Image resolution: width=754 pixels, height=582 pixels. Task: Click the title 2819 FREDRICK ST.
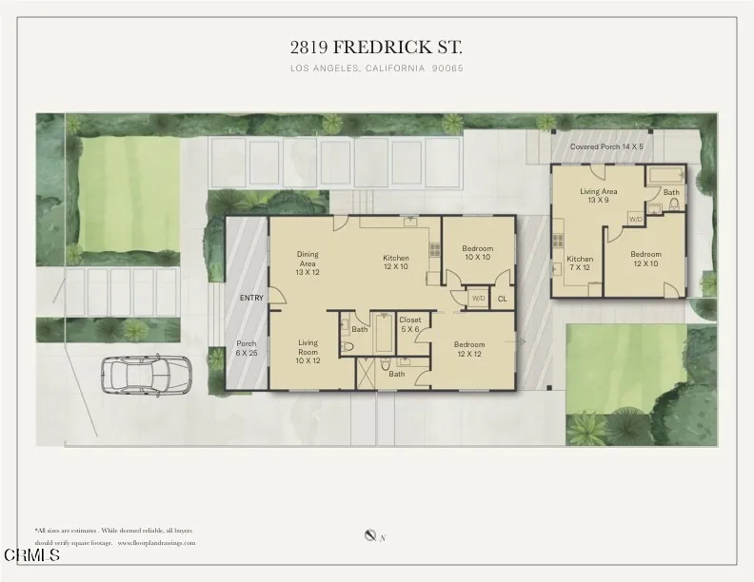click(376, 47)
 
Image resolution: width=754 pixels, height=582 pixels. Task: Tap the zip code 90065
click(446, 68)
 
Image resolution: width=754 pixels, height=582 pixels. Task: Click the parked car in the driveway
click(147, 374)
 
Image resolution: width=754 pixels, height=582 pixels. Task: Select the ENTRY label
click(251, 299)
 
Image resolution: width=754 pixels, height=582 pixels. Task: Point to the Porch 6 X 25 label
click(247, 348)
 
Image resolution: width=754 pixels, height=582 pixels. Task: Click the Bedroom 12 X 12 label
click(470, 349)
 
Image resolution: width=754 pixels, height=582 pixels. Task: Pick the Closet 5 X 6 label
click(409, 325)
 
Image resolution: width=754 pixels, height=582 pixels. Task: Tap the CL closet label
click(502, 299)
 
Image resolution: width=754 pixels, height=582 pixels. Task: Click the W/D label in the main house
click(478, 299)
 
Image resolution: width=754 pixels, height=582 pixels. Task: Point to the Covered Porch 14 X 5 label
click(606, 147)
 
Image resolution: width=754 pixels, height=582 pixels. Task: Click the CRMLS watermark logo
click(32, 554)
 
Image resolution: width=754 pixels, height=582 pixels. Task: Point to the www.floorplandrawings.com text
click(157, 543)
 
